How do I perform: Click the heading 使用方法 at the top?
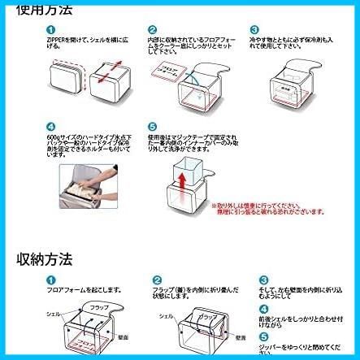(46, 10)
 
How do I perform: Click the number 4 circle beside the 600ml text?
(50, 127)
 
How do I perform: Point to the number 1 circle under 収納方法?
(50, 279)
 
